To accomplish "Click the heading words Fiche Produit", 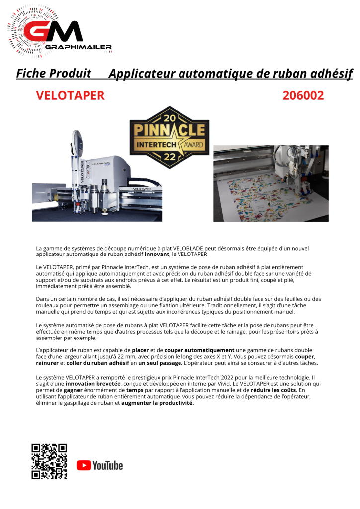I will point(54,74).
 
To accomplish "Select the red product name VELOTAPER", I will point(70,95).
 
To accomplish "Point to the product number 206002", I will point(303,95).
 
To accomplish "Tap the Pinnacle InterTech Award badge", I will point(169,137).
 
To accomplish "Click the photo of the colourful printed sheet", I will point(271,183).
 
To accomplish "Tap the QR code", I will point(49,461).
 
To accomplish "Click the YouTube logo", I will point(99,465).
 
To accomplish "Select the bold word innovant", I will point(157,254).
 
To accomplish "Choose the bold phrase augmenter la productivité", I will point(158,403).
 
